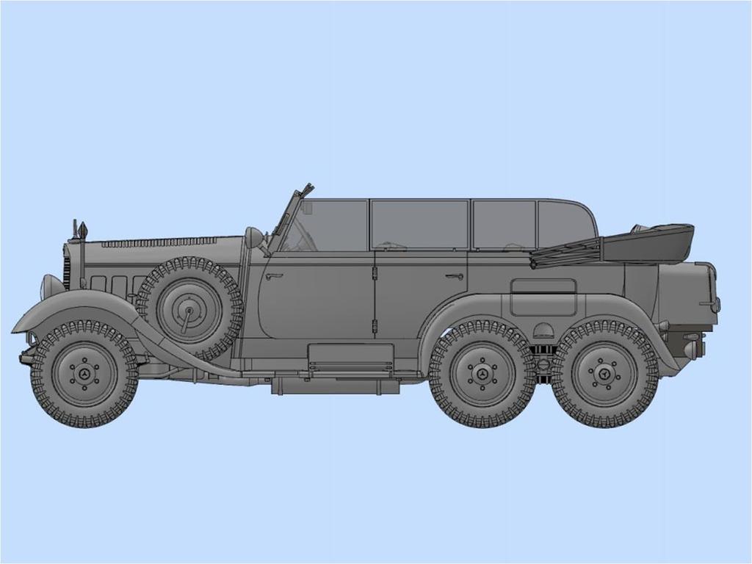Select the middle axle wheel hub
[x=482, y=373]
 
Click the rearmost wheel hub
[x=604, y=373]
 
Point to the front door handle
[x=275, y=277]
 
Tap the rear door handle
[x=454, y=277]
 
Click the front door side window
[x=334, y=225]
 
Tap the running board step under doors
[x=350, y=355]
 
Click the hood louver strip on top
[x=158, y=242]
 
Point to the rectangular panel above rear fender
[x=543, y=286]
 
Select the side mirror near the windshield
[x=253, y=237]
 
